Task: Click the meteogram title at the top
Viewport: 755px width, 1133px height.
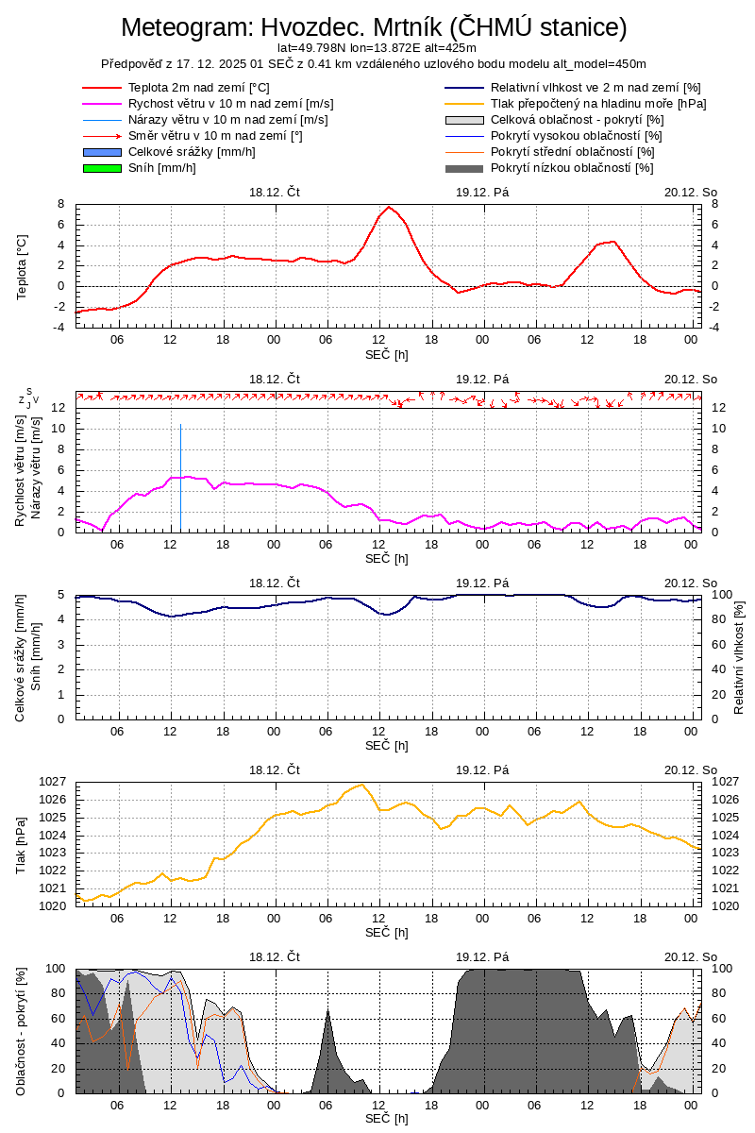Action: (374, 27)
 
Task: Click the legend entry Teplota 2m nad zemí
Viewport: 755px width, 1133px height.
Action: (198, 88)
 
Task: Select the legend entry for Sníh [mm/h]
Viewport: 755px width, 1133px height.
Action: (161, 168)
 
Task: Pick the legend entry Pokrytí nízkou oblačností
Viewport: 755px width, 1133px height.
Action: (572, 168)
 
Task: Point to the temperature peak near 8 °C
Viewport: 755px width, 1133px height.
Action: (389, 207)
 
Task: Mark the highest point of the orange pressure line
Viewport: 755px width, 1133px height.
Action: (361, 785)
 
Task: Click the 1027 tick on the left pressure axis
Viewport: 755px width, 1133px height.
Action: (52, 782)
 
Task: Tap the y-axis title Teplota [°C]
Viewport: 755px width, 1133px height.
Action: (22, 266)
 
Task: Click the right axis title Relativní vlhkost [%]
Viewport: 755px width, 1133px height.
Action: (739, 656)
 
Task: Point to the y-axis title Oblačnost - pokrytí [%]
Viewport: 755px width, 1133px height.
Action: (22, 1031)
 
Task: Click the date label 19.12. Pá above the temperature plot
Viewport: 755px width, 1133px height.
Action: (482, 191)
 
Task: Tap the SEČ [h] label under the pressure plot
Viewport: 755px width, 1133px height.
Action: (387, 933)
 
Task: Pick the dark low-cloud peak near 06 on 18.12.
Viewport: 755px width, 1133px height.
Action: (327, 1012)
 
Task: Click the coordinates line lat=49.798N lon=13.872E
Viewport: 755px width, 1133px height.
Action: (377, 47)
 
